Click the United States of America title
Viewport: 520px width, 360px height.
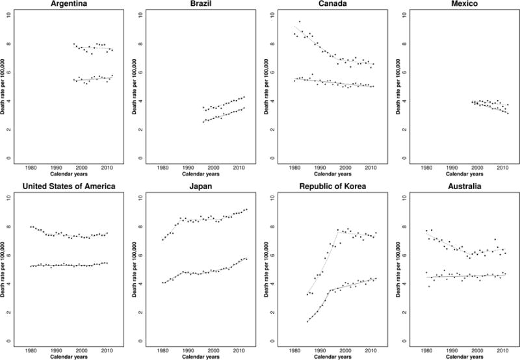(72, 188)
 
